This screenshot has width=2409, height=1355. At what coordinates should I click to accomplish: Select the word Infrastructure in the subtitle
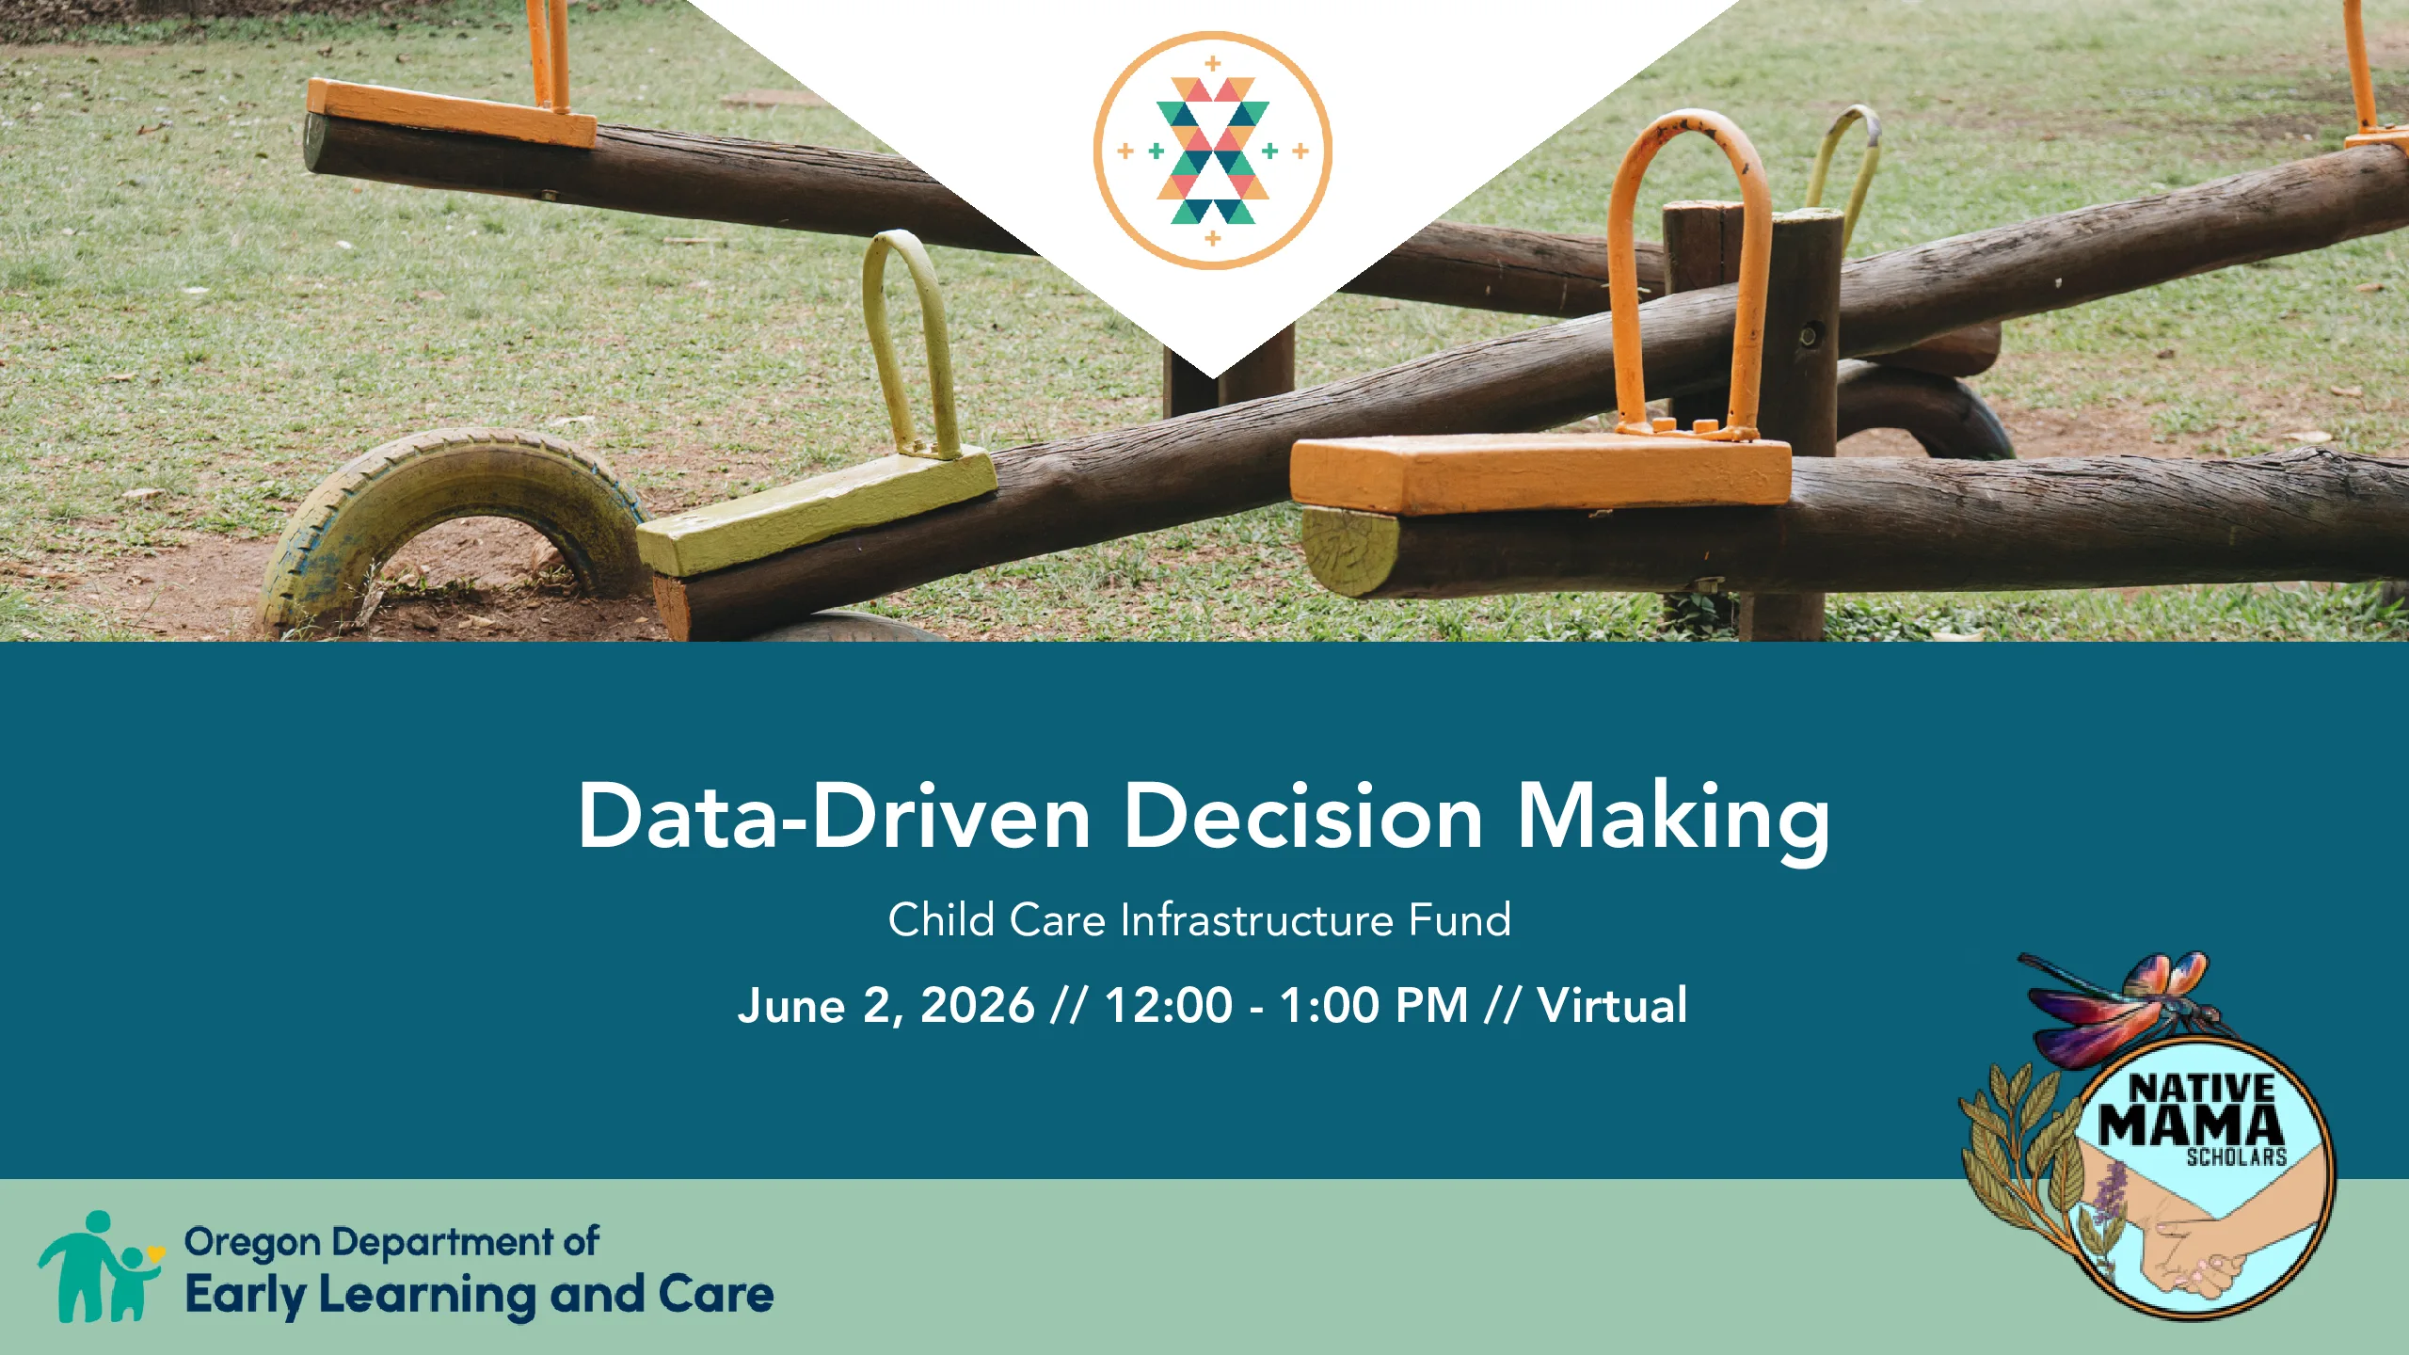pyautogui.click(x=1256, y=919)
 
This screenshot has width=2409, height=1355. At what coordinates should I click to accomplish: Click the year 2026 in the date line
pyautogui.click(x=977, y=1005)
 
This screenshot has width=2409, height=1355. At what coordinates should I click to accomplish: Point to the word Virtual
pyautogui.click(x=1612, y=1005)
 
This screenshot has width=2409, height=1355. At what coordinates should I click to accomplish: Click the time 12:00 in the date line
pyautogui.click(x=1169, y=1005)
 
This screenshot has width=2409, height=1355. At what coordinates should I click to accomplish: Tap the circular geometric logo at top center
pyautogui.click(x=1212, y=151)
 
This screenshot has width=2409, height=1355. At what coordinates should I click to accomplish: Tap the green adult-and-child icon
pyautogui.click(x=99, y=1267)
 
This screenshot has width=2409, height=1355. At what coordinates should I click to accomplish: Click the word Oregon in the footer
pyautogui.click(x=253, y=1243)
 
